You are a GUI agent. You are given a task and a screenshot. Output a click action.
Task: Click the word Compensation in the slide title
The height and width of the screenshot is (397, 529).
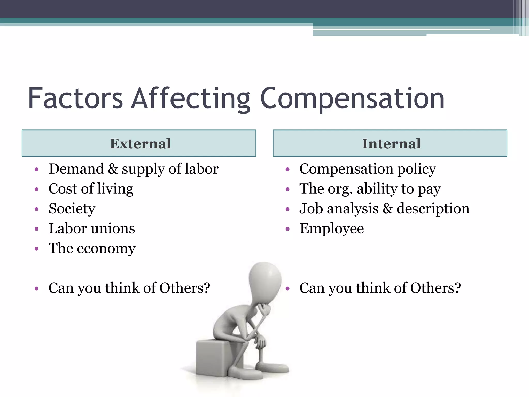coord(352,99)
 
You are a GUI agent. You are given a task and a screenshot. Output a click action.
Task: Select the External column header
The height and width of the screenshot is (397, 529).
coord(140,143)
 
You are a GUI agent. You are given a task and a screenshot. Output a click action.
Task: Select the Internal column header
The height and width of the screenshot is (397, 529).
coord(391,143)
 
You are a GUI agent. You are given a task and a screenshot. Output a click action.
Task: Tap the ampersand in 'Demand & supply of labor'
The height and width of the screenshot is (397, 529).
coord(113,169)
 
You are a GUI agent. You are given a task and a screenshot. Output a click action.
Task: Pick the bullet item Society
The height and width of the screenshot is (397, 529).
coord(72,209)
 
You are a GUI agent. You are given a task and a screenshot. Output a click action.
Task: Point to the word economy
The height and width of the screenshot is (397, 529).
coord(106,249)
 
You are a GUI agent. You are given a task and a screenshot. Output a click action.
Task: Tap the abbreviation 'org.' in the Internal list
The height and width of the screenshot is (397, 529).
coord(340,189)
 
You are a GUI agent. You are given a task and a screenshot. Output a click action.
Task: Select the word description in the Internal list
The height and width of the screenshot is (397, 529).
coord(433,209)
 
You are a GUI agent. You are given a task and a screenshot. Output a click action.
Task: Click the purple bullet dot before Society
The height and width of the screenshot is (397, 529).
coord(37,209)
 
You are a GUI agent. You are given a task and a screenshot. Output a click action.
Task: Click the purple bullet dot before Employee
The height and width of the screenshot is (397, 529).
coord(288,229)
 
